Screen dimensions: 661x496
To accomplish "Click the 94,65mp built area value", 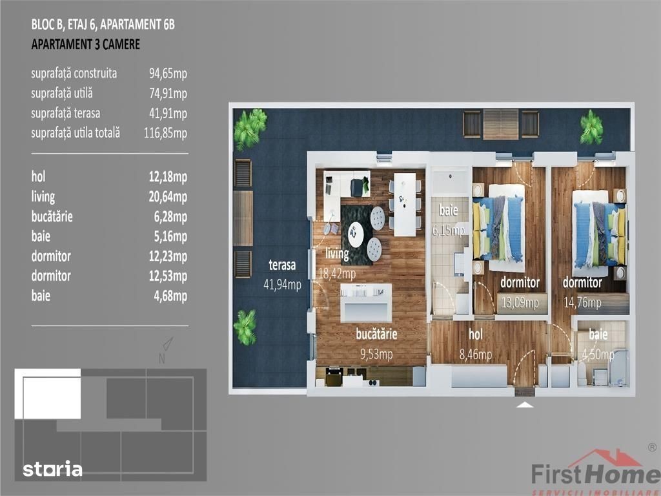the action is pyautogui.click(x=168, y=74).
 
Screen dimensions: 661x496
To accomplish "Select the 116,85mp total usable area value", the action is pyautogui.click(x=165, y=133).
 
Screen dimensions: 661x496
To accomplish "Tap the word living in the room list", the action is pyautogui.click(x=43, y=197).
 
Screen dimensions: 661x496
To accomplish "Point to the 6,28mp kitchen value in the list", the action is pyautogui.click(x=170, y=217).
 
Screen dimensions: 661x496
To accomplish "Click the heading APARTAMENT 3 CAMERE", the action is pyautogui.click(x=86, y=45).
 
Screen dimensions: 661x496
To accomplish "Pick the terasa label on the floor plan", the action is pyautogui.click(x=282, y=265).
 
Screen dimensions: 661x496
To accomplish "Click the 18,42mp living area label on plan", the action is pyautogui.click(x=337, y=274).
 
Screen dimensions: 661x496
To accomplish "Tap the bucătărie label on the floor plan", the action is pyautogui.click(x=376, y=334).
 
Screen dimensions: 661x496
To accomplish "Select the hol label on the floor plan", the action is pyautogui.click(x=476, y=335).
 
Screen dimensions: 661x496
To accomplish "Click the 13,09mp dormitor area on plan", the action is pyautogui.click(x=520, y=302).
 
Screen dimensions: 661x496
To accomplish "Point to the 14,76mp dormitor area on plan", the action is pyautogui.click(x=582, y=302).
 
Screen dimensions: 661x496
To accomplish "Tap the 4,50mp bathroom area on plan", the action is pyautogui.click(x=598, y=355).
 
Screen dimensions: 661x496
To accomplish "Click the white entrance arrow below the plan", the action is pyautogui.click(x=524, y=405).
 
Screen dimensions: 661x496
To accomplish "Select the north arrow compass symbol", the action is pyautogui.click(x=168, y=344).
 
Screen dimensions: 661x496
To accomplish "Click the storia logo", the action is pyautogui.click(x=53, y=469).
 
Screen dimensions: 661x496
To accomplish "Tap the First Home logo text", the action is pyautogui.click(x=595, y=473).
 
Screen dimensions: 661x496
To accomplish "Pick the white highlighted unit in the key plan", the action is pyautogui.click(x=48, y=394).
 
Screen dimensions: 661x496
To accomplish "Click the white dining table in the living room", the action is pyautogui.click(x=405, y=205).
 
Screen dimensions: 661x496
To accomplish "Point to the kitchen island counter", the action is pyautogui.click(x=366, y=303).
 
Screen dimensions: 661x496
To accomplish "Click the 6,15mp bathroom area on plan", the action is pyautogui.click(x=449, y=231).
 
